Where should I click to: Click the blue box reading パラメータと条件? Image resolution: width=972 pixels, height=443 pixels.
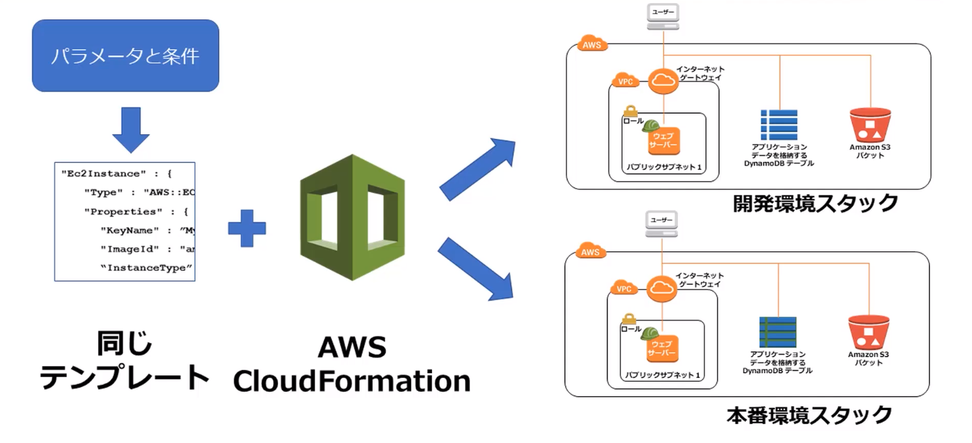click(125, 55)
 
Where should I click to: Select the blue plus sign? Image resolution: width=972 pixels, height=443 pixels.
click(247, 227)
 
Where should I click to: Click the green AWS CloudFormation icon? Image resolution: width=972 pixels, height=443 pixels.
click(352, 217)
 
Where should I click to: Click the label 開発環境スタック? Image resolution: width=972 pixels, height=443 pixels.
click(815, 203)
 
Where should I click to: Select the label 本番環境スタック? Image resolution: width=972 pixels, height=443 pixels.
click(809, 415)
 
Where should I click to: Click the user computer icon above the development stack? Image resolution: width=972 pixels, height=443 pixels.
click(662, 16)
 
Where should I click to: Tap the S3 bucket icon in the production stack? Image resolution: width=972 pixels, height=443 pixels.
click(869, 332)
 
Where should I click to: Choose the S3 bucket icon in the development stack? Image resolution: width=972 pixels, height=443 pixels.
click(870, 124)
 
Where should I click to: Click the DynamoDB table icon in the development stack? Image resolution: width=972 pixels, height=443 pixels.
click(779, 124)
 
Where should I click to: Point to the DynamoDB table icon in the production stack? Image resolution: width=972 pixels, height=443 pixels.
click(778, 332)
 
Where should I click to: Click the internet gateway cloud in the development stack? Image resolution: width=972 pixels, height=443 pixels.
click(662, 82)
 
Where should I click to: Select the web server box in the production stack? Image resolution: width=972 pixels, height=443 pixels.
click(662, 349)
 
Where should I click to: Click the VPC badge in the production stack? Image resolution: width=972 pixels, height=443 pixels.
click(624, 288)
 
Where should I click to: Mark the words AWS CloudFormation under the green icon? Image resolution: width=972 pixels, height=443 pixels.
click(352, 364)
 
